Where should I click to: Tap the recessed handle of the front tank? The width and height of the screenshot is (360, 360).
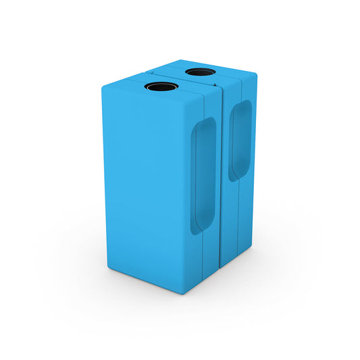coord(203,176)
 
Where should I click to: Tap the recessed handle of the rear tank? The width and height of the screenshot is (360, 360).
coord(239,140)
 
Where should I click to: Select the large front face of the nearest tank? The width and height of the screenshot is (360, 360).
coord(145,182)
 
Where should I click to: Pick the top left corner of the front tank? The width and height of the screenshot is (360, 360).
coord(104,86)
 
